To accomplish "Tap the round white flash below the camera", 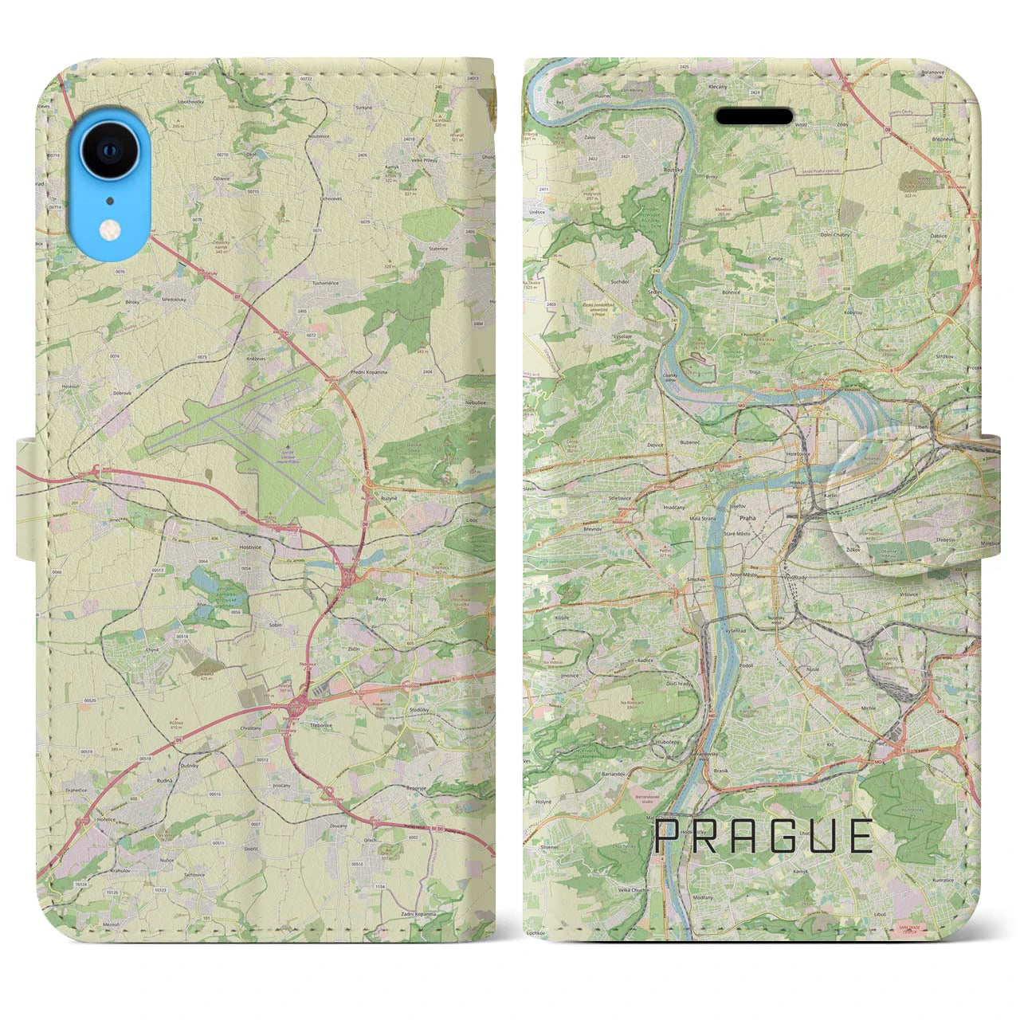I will (x=108, y=229).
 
